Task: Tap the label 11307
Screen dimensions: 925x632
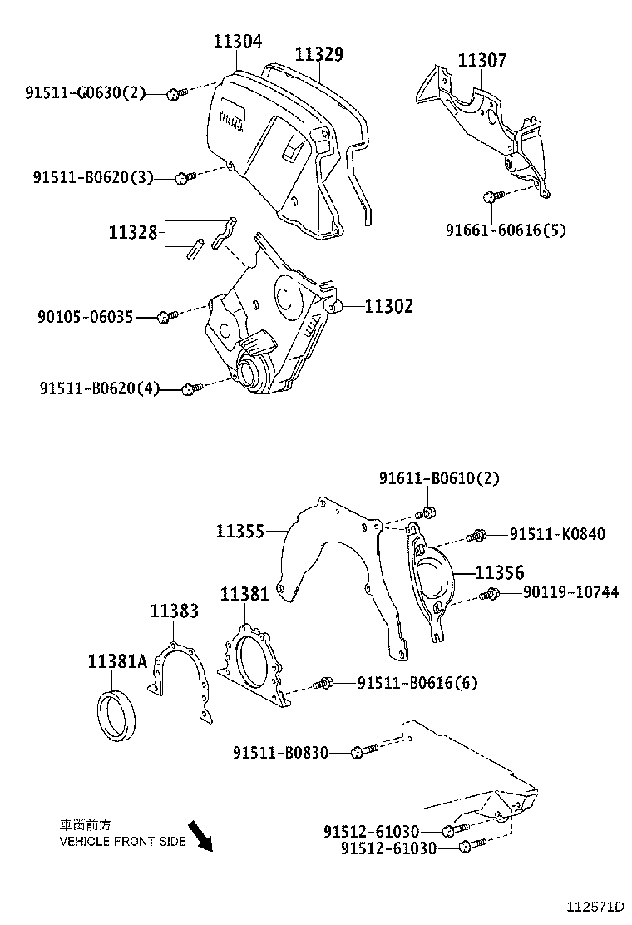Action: pos(481,60)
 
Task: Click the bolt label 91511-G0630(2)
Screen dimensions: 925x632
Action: pos(84,93)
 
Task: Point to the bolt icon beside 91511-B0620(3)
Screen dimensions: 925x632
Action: pos(185,176)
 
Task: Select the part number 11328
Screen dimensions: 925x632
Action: pos(132,232)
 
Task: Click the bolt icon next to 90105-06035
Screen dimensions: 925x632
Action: pos(168,316)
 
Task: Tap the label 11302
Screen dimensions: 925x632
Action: pos(388,306)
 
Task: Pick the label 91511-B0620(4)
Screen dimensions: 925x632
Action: pos(99,388)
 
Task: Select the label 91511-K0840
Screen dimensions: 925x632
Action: pos(557,534)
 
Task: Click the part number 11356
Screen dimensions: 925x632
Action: pos(500,572)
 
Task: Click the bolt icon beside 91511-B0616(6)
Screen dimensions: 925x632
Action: pos(324,684)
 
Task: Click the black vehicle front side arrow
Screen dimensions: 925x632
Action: pos(200,835)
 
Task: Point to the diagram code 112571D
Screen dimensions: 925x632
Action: pos(595,905)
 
